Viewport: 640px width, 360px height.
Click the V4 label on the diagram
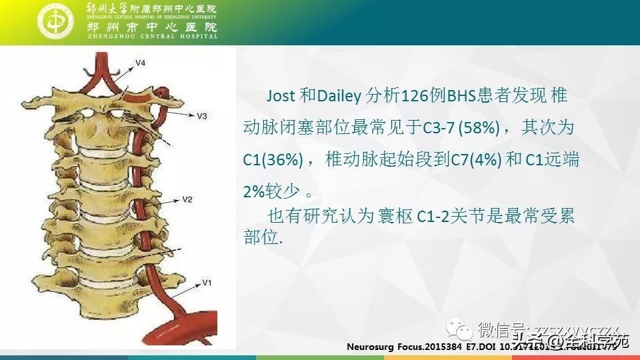coord(141,63)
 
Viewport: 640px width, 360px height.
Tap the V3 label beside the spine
coord(202,116)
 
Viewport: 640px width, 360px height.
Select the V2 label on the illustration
coord(187,199)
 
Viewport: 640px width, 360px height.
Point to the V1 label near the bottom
coord(207,283)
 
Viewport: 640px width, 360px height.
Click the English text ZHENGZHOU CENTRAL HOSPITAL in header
coord(152,37)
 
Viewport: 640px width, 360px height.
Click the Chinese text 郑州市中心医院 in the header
coord(152,27)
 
